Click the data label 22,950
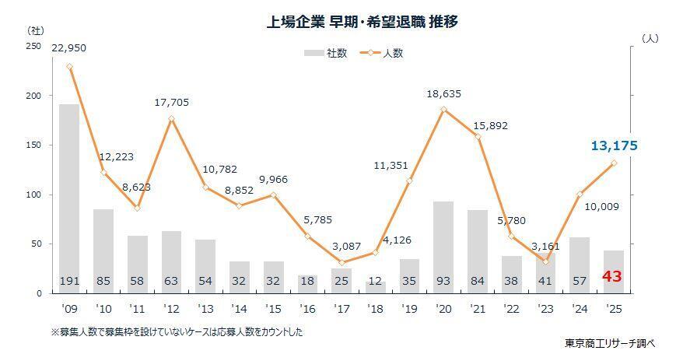coord(69,48)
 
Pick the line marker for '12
coord(171,119)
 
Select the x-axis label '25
coord(613,308)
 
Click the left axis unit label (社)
coord(35,30)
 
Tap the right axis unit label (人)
coord(650,37)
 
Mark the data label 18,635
coord(443,93)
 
